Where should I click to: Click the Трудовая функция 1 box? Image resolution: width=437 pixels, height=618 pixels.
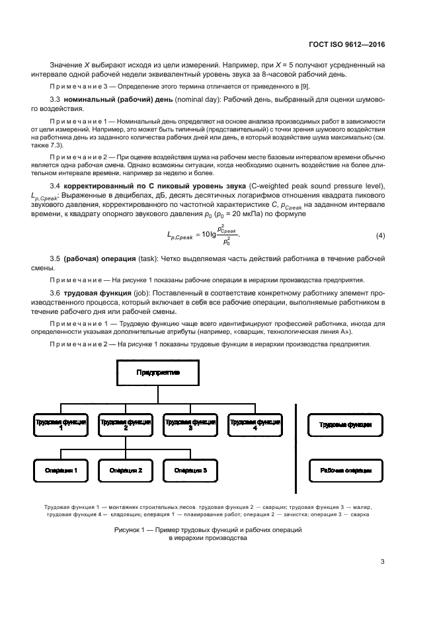click(x=60, y=424)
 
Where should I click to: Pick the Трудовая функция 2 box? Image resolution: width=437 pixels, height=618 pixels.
click(x=126, y=424)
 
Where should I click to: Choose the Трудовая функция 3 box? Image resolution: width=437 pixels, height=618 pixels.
click(x=190, y=424)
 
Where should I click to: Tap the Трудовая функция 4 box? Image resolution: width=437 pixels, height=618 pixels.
click(x=255, y=424)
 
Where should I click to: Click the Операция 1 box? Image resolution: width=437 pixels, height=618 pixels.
click(x=60, y=471)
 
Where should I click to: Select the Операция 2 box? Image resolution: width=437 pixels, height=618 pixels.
click(x=126, y=471)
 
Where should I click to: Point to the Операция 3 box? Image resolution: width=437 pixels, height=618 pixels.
click(x=190, y=471)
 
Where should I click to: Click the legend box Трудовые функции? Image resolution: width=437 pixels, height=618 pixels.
click(x=346, y=424)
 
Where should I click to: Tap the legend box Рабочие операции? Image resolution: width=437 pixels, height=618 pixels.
click(x=346, y=471)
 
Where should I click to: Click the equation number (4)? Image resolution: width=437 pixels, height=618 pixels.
click(x=380, y=236)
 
